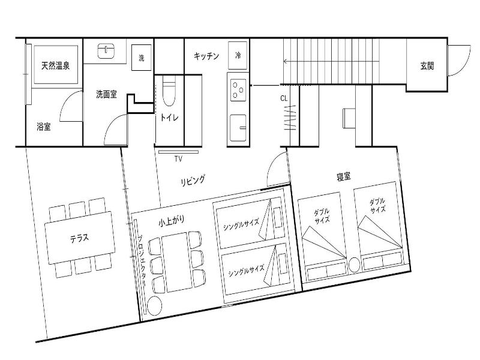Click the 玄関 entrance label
pos(427,65)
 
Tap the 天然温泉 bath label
pos(55,65)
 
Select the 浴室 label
pos(43,126)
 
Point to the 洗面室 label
pos(106,94)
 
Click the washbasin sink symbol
pos(106,51)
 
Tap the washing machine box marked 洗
pos(142,58)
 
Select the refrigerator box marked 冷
pos(238,55)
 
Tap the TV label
pos(178,158)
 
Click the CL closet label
pos(284,98)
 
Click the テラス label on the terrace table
pos(80,238)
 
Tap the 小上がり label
pos(172,220)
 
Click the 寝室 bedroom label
pos(343,176)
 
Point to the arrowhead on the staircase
pos(286,61)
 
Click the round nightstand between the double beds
pos(355,265)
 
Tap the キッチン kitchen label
pos(206,56)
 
